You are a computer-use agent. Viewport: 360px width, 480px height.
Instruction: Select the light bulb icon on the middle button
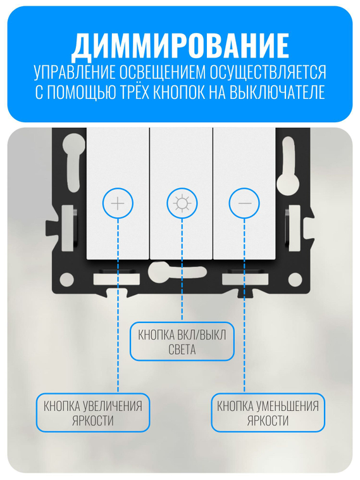point(182,203)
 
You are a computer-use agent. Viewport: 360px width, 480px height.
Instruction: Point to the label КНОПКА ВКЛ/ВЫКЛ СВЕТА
point(182,342)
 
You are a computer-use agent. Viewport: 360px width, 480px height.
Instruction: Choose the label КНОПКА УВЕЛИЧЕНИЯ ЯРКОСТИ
point(92,412)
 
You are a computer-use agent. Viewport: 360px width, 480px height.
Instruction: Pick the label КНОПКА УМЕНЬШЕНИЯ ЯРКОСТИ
point(268,412)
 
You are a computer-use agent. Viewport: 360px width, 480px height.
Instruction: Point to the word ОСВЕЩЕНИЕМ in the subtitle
point(161,72)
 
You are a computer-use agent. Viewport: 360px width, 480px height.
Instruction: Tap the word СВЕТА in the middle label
point(182,350)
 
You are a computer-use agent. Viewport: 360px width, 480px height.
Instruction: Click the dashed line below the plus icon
point(118,304)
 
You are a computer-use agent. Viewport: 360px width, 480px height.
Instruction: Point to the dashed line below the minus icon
point(245,304)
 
